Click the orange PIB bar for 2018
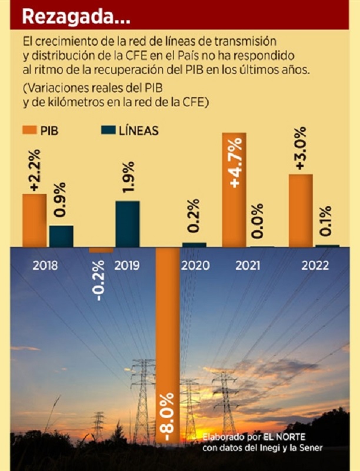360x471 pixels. tap(34, 220)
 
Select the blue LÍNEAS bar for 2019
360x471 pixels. tap(128, 224)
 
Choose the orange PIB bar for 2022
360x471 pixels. tap(301, 210)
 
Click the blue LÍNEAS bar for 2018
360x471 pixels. tap(61, 236)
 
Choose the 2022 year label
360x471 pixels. tap(315, 266)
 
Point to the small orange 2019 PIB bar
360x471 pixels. tap(101, 250)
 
